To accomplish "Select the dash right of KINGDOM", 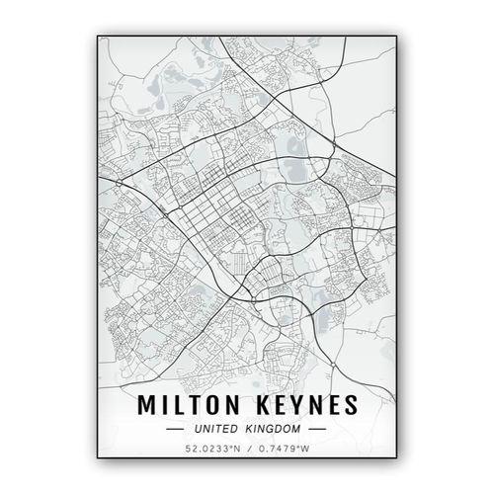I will pyautogui.click(x=317, y=430).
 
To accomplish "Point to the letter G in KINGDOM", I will pyautogui.click(x=274, y=430).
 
